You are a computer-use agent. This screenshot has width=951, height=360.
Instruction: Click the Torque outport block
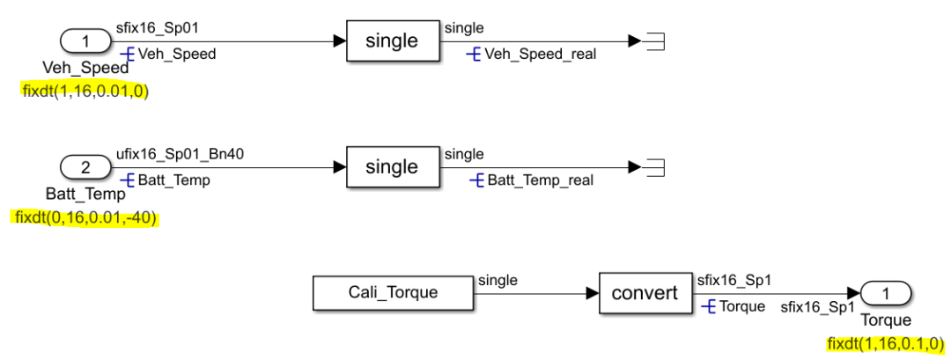pyautogui.click(x=886, y=293)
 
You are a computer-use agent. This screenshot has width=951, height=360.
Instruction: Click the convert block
pyautogui.click(x=645, y=293)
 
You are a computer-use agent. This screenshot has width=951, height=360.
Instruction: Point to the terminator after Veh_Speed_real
pyautogui.click(x=652, y=41)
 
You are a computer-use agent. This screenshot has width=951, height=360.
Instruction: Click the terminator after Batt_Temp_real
pyautogui.click(x=652, y=167)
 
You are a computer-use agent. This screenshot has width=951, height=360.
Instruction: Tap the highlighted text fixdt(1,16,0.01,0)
pyautogui.click(x=85, y=91)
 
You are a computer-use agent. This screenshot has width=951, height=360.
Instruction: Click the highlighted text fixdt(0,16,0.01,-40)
pyautogui.click(x=85, y=217)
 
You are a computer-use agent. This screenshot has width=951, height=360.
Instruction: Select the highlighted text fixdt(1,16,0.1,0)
pyautogui.click(x=885, y=343)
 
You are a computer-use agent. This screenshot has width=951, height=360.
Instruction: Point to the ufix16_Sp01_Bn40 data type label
pyautogui.click(x=180, y=154)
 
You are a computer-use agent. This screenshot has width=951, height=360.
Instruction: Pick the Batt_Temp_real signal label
pyautogui.click(x=539, y=180)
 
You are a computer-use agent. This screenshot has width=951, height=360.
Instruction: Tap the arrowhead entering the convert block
pyautogui.click(x=593, y=293)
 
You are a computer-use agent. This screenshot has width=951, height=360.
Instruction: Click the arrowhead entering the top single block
pyautogui.click(x=339, y=41)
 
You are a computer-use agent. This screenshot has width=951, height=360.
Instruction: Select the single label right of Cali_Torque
pyautogui.click(x=498, y=281)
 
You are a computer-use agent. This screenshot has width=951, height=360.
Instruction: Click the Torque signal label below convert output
pyautogui.click(x=741, y=307)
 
